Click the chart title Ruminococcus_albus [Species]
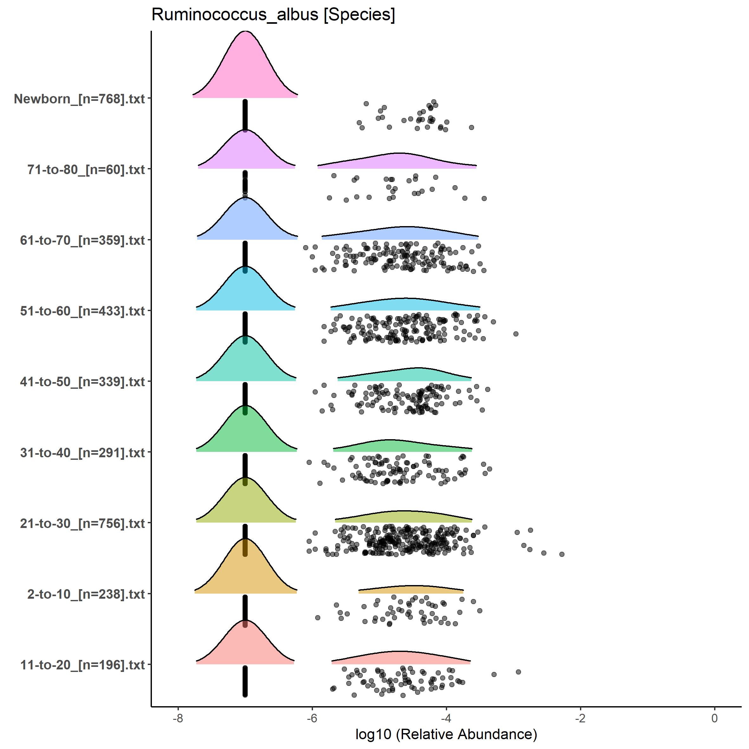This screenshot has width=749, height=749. click(x=273, y=15)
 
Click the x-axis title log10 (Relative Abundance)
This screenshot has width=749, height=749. click(x=446, y=734)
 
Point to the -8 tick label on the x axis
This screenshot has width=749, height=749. click(x=178, y=718)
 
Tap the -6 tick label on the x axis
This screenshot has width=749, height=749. click(x=312, y=718)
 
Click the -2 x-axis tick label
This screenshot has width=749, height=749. click(x=580, y=718)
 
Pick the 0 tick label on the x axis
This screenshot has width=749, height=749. click(x=714, y=718)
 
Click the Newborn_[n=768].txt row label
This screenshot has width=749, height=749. click(x=80, y=99)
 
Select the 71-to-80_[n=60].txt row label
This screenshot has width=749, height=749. click(x=86, y=169)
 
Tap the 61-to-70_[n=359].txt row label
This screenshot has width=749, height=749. click(x=82, y=240)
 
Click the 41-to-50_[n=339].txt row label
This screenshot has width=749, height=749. click(x=82, y=382)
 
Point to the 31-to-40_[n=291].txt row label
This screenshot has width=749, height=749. click(x=82, y=453)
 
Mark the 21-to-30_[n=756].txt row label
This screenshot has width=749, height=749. click(x=82, y=523)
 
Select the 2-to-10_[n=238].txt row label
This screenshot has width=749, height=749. click(x=86, y=594)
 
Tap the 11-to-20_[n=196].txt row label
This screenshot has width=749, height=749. click(x=82, y=665)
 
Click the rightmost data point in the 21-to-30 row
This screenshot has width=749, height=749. click(x=562, y=554)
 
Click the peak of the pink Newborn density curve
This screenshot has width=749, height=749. click(x=245, y=31)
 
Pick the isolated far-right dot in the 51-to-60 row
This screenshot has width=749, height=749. click(x=516, y=334)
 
